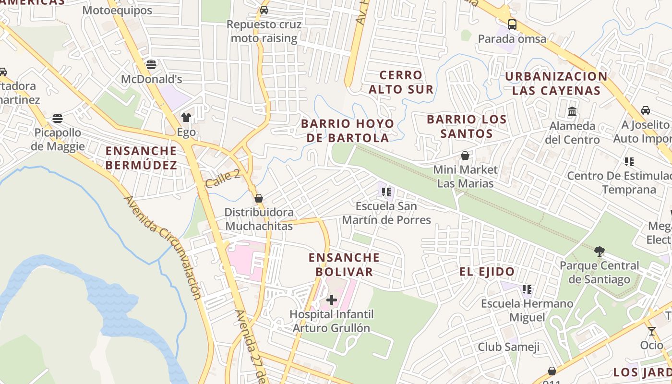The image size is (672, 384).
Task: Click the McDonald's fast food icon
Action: (x=151, y=64)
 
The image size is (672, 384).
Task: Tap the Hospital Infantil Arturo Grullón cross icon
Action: (x=331, y=300)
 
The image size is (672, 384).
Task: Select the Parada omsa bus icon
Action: (x=512, y=24)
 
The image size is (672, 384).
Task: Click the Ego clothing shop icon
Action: (x=186, y=117)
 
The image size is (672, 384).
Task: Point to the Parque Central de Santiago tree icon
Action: (x=599, y=251)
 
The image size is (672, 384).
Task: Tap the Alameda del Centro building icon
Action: (x=572, y=111)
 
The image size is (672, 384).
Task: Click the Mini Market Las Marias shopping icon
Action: (x=465, y=156)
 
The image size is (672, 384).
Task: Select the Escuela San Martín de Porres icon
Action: (x=386, y=192)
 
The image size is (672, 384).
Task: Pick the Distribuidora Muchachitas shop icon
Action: (x=259, y=198)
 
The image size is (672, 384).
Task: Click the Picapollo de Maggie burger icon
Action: (x=58, y=118)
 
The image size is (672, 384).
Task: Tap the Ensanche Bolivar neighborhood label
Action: (x=344, y=264)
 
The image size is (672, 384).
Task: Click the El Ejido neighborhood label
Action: (x=487, y=272)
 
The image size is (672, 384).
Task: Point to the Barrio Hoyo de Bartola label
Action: (x=348, y=131)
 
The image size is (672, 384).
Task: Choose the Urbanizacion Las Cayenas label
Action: (x=556, y=84)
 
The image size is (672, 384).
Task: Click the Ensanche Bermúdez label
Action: (x=141, y=158)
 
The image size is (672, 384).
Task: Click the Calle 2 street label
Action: (x=222, y=179)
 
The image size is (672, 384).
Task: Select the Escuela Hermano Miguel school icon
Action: (x=527, y=289)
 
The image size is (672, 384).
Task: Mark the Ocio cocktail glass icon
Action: (x=651, y=331)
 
